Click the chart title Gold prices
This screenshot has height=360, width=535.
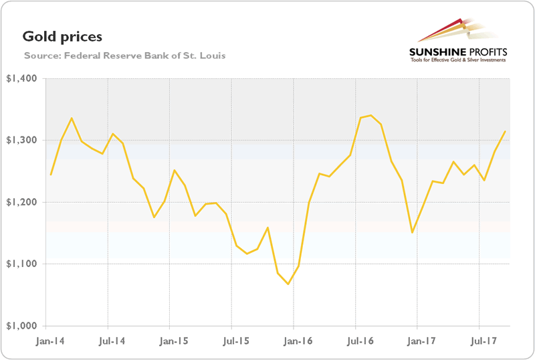pyautogui.click(x=62, y=35)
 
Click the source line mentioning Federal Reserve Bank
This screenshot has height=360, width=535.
pyautogui.click(x=124, y=55)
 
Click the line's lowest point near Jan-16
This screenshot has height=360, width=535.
pyautogui.click(x=288, y=284)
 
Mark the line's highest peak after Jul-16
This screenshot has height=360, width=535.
pyautogui.click(x=370, y=115)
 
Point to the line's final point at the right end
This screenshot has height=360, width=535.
pyautogui.click(x=505, y=131)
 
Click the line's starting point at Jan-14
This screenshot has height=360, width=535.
pyautogui.click(x=51, y=175)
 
